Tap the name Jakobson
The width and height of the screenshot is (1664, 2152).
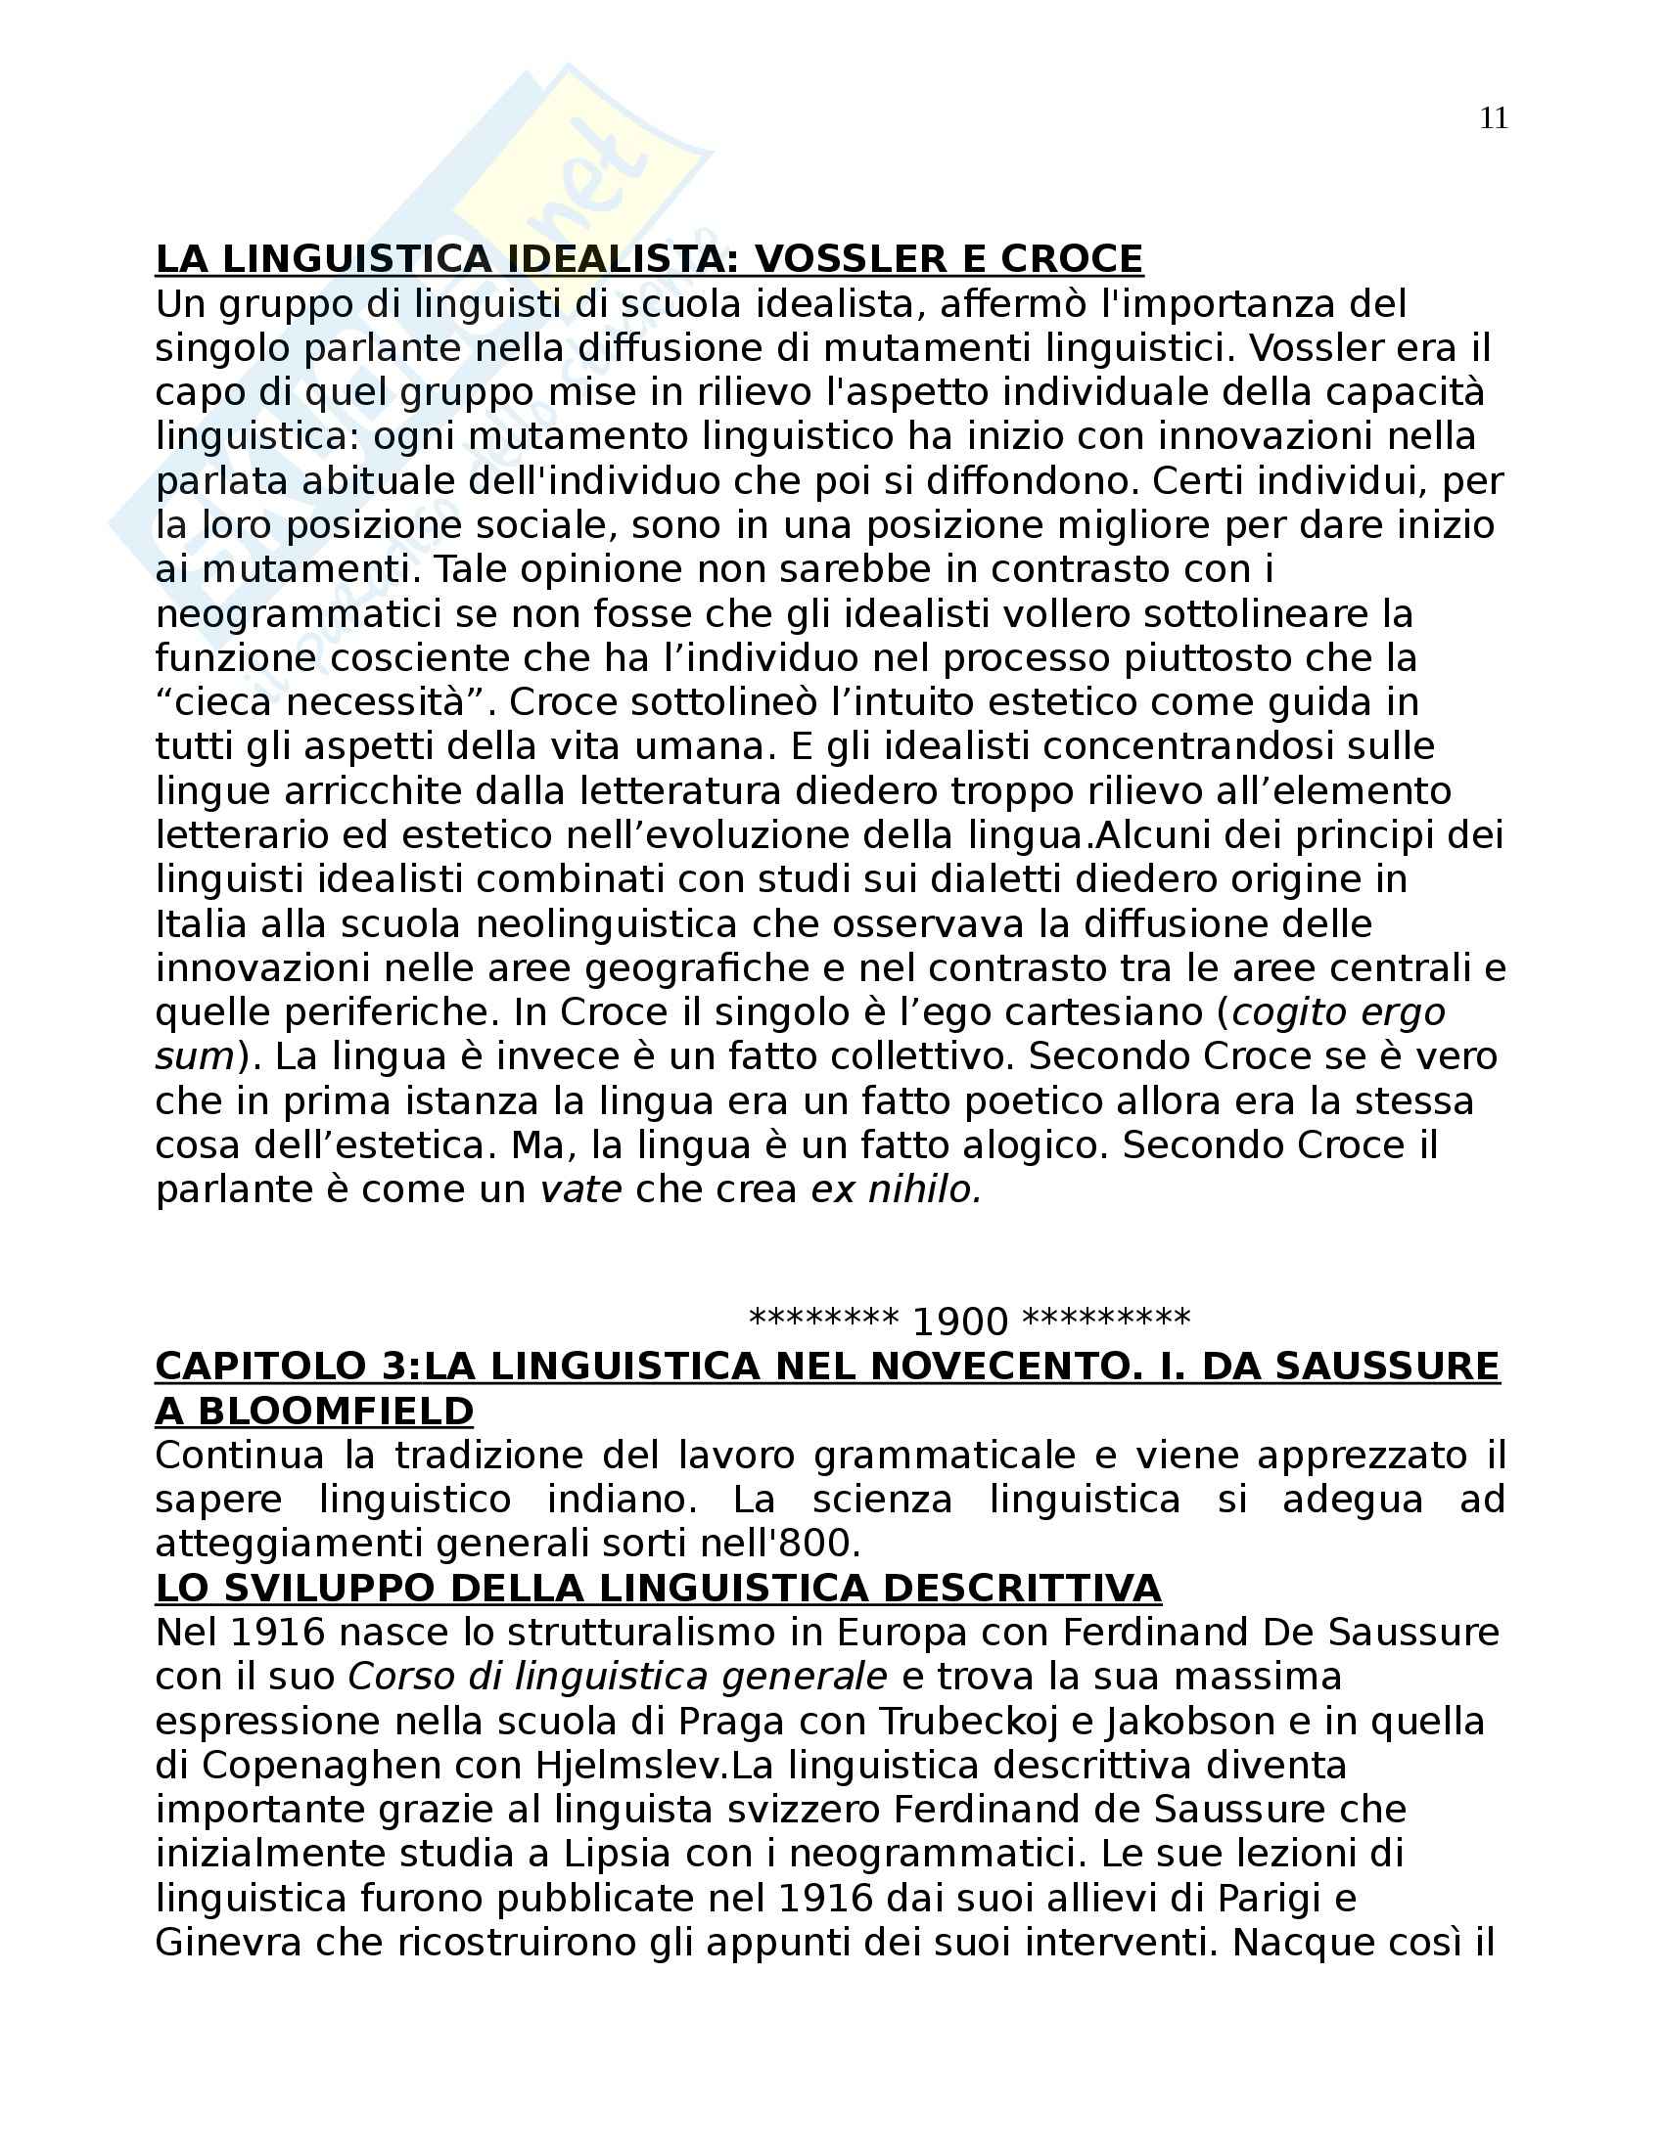pos(1190,1722)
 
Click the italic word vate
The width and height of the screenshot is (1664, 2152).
pos(580,1190)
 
